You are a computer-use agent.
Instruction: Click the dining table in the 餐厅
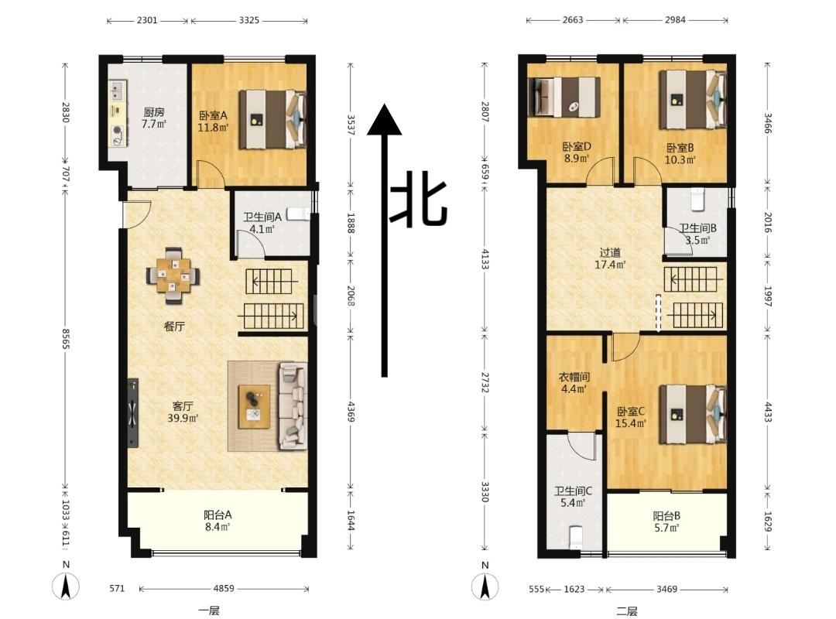[x=173, y=275]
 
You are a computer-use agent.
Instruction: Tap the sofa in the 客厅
[x=293, y=405]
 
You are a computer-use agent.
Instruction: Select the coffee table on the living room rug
[x=254, y=406]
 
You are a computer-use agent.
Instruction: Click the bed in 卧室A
[x=272, y=119]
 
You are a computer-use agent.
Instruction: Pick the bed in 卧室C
[x=693, y=414]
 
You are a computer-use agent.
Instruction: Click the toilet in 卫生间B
[x=697, y=200]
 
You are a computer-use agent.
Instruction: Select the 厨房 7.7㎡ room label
[x=153, y=118]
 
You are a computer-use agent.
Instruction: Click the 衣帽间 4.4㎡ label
[x=574, y=383]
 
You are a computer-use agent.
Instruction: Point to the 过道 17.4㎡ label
[x=610, y=258]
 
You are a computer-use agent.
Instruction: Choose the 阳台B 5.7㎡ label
[x=666, y=522]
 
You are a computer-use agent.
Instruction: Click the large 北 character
[x=420, y=198]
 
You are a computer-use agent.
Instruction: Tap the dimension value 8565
[x=65, y=339]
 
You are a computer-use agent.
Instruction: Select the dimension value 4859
[x=224, y=589]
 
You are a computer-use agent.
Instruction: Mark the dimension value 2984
[x=675, y=19]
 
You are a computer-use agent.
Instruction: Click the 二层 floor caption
[x=627, y=611]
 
